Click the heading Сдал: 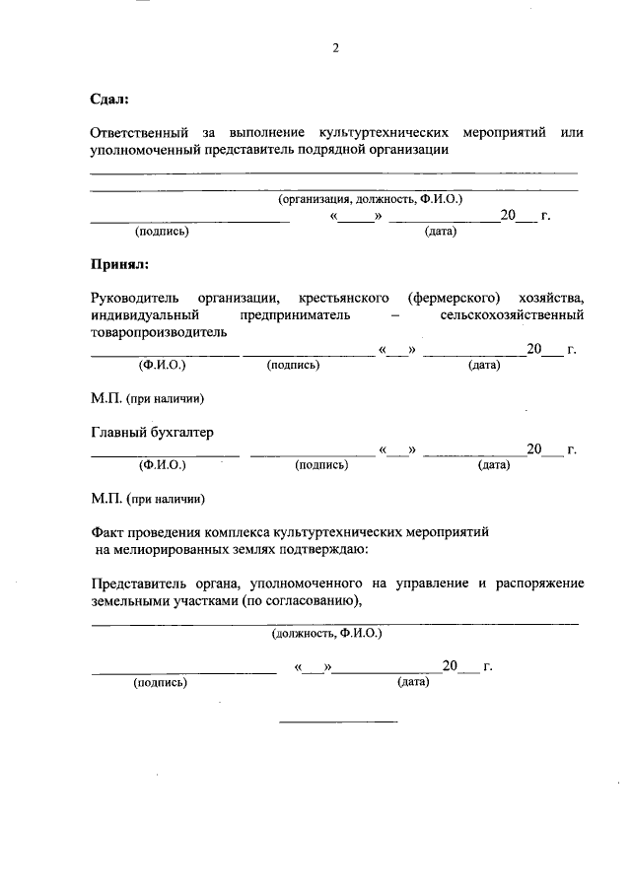point(109,99)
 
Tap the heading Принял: point(119,264)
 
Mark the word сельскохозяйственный point(513,315)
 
